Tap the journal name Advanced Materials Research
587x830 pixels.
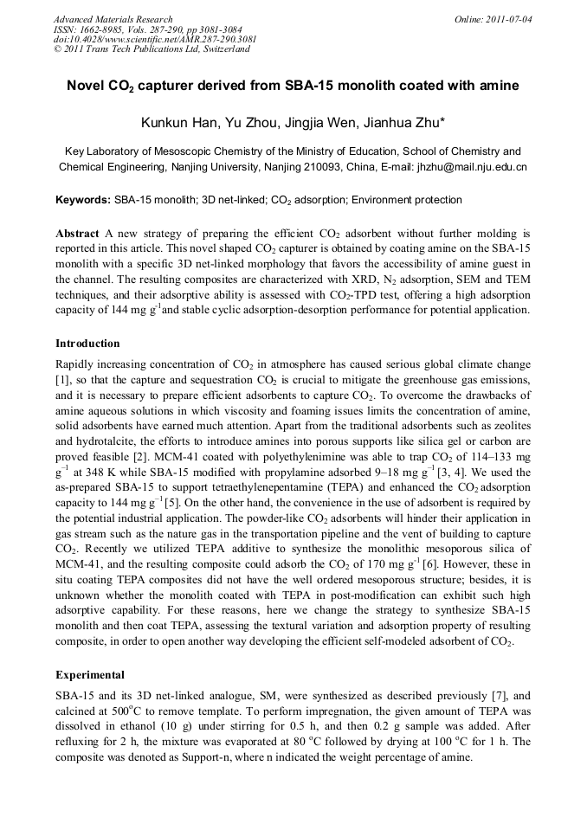pyautogui.click(x=113, y=19)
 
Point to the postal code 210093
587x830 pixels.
pyautogui.click(x=310, y=167)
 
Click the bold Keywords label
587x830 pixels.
pyautogui.click(x=83, y=200)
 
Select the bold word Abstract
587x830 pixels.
pyautogui.click(x=77, y=234)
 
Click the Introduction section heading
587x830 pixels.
pyautogui.click(x=87, y=344)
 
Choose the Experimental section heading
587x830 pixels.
pyautogui.click(x=90, y=674)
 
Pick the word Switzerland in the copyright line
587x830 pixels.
pyautogui.click(x=226, y=49)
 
